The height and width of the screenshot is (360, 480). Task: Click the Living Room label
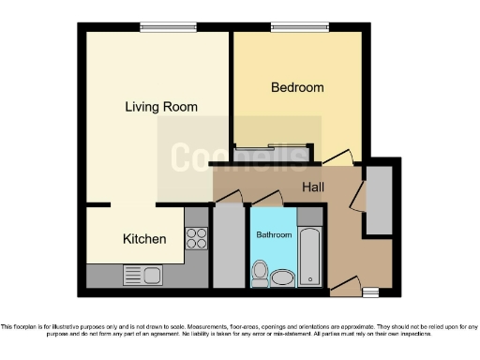pos(161,107)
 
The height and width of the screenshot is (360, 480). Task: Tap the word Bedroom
pos(297,87)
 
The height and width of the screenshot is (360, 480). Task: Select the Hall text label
pos(313,187)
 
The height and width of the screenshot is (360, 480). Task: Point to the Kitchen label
pos(144,239)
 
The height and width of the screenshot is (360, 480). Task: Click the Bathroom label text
pos(275,234)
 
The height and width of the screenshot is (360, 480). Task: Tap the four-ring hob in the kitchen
pos(197,238)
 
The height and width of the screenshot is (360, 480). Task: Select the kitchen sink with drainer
pos(142,276)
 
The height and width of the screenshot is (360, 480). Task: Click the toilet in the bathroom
pos(260,275)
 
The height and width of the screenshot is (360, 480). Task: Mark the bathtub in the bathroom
pos(309,255)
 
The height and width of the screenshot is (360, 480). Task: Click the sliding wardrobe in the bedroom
pos(271,149)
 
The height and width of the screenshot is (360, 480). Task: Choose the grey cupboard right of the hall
pos(379,200)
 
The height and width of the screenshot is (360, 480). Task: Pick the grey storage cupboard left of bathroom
pos(229,246)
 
